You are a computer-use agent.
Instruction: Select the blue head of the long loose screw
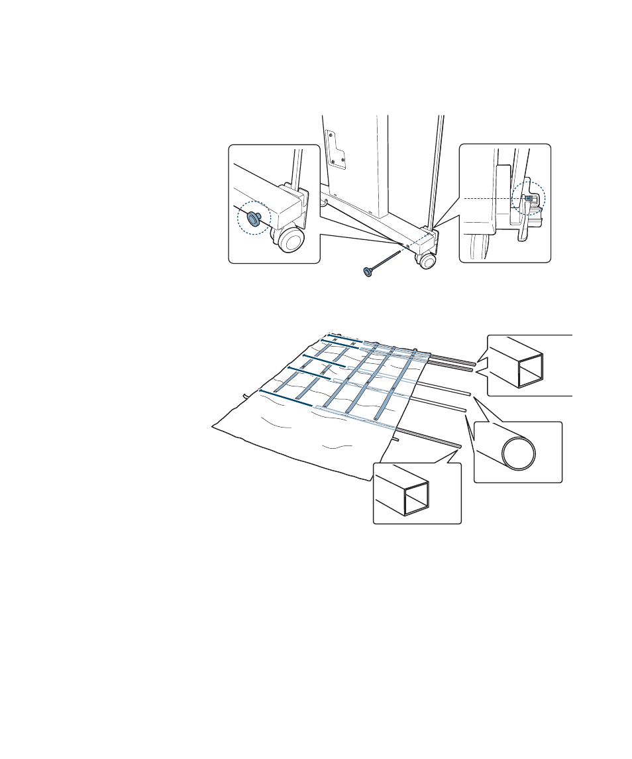tap(366, 271)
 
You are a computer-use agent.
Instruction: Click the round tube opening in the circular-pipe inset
tap(519, 453)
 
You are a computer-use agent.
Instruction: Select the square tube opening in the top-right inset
tap(531, 370)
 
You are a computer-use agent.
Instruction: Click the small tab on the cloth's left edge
tap(245, 396)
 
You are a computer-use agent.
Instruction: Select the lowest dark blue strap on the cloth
tap(285, 398)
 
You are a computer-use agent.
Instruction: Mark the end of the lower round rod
tap(465, 410)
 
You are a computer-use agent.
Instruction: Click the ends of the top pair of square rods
tap(474, 364)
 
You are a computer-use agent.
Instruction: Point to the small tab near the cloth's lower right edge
tap(395, 438)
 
